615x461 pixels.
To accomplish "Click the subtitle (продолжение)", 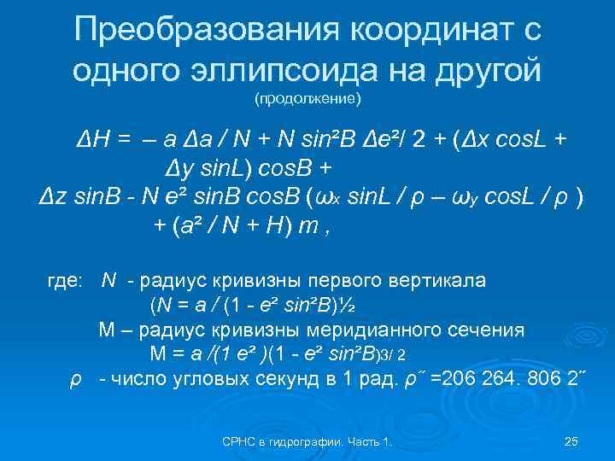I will tap(307, 100).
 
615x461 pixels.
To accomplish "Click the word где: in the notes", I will tap(63, 279).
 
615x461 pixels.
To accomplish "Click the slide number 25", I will tap(572, 441).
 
